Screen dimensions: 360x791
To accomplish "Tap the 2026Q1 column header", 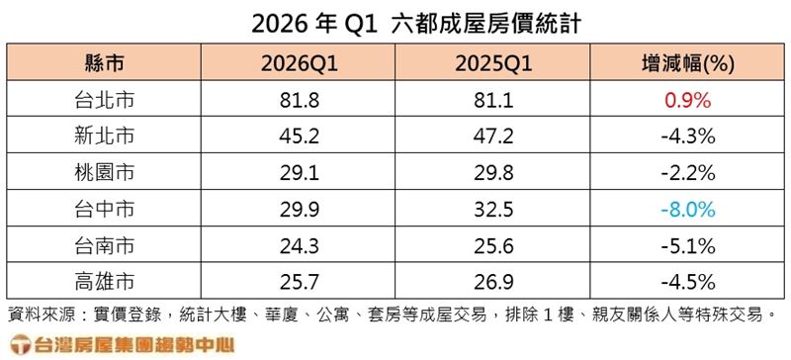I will [301, 65].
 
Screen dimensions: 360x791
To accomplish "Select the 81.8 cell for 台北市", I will [301, 101].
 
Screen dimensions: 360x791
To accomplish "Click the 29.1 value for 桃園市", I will [301, 173].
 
